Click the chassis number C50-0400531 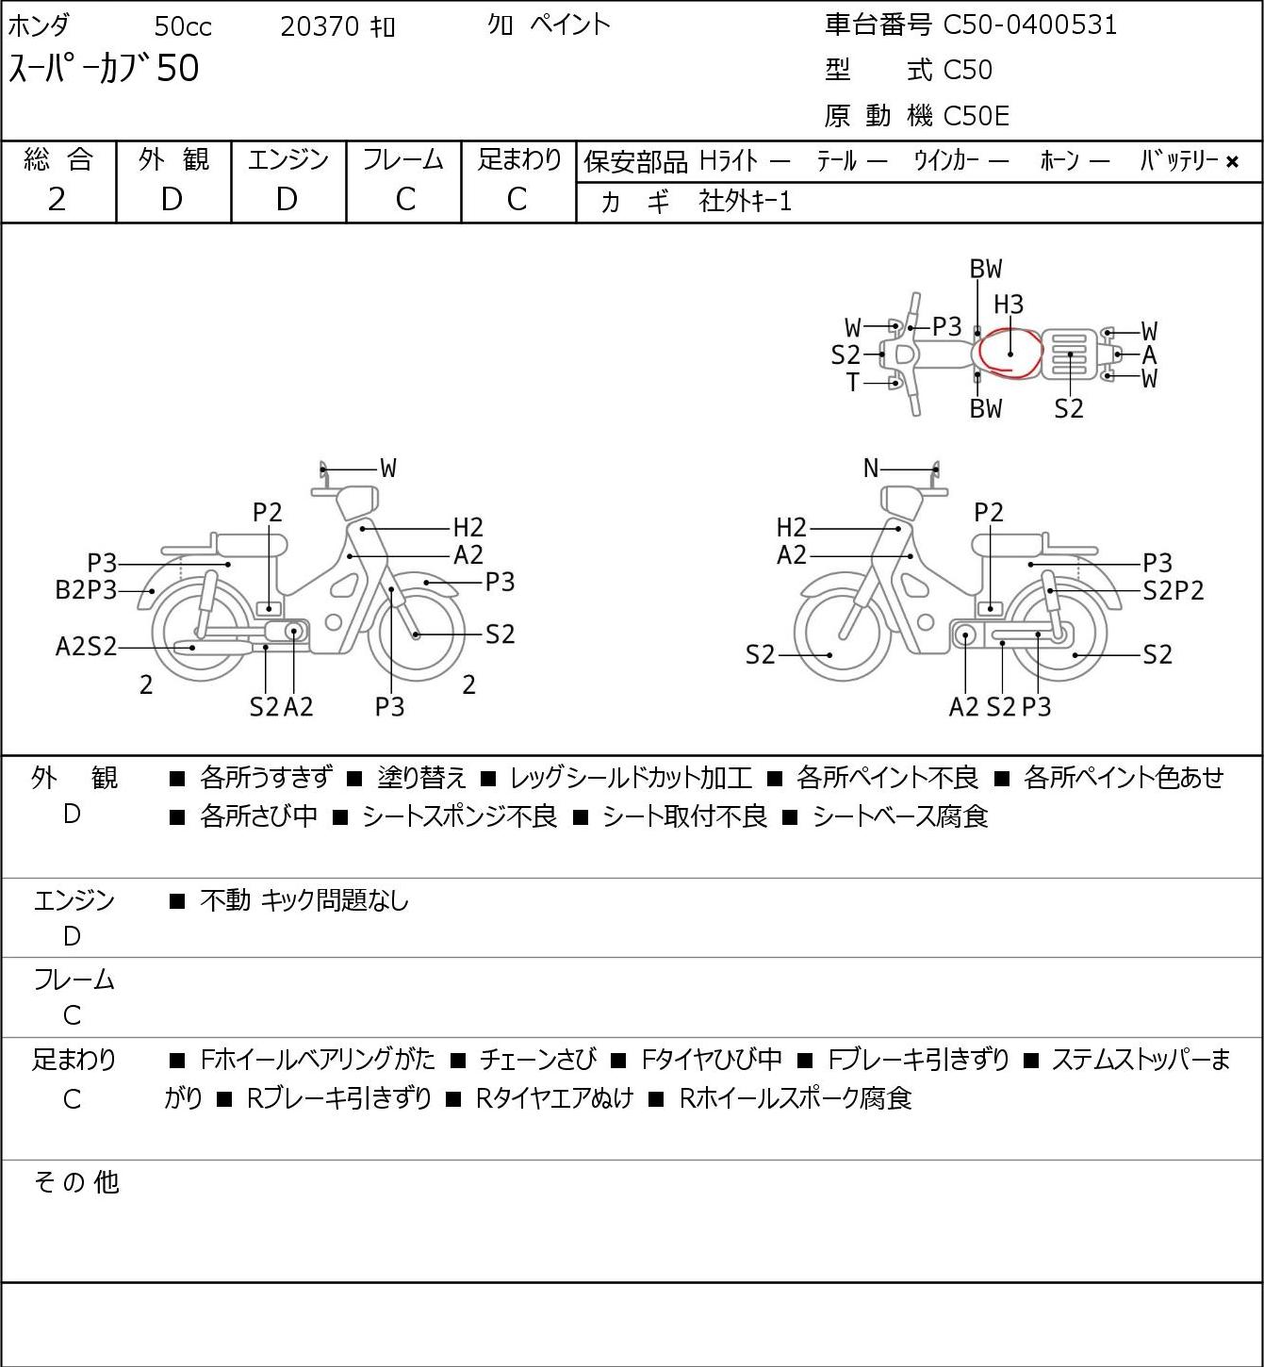click(x=1029, y=25)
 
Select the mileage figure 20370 click(x=320, y=26)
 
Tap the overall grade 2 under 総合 click(x=57, y=200)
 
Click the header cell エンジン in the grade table click(x=287, y=159)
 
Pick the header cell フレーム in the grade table click(x=402, y=159)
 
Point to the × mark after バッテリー click(x=1232, y=162)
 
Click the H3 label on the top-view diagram click(x=1009, y=305)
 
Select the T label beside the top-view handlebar click(x=853, y=382)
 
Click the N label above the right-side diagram click(x=871, y=469)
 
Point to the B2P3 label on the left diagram click(x=86, y=590)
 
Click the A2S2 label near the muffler click(x=86, y=647)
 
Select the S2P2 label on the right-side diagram click(x=1174, y=590)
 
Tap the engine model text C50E click(x=976, y=116)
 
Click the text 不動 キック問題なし click(x=304, y=900)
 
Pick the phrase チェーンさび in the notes click(x=537, y=1060)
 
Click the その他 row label click(x=76, y=1182)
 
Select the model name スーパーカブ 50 click(x=104, y=69)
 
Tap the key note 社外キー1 click(x=745, y=203)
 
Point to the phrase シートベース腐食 click(x=900, y=816)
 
